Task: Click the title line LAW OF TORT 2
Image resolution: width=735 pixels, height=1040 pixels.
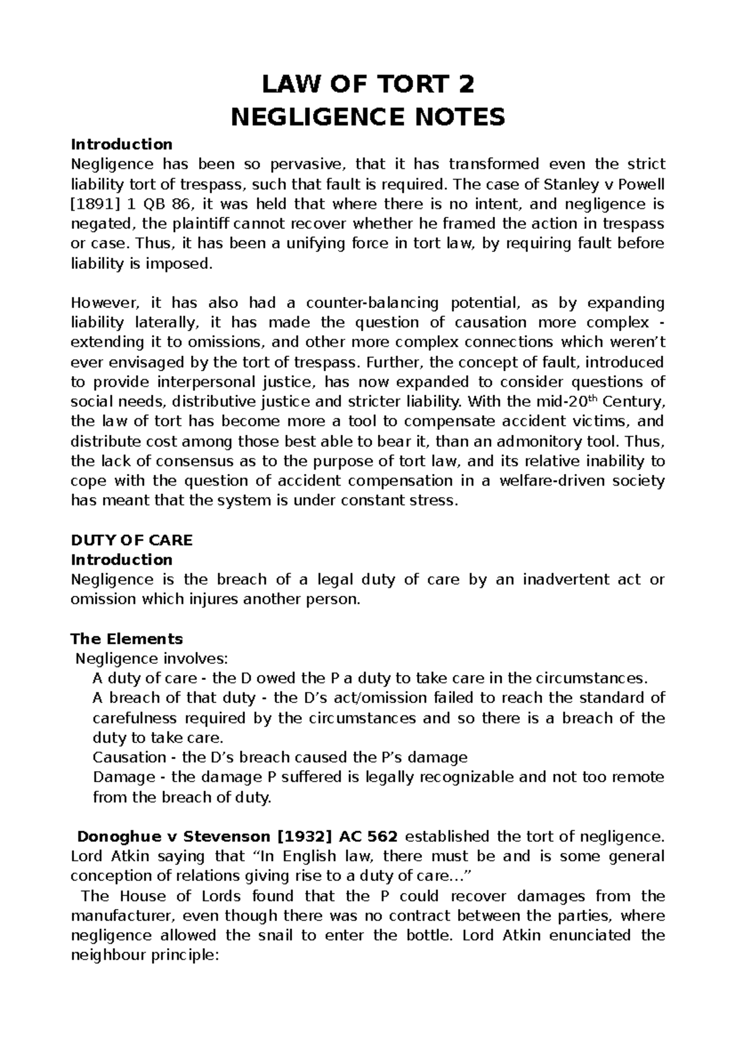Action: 367,85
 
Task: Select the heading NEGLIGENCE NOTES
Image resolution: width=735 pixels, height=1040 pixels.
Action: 367,116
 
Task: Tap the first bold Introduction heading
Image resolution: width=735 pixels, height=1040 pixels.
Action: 122,145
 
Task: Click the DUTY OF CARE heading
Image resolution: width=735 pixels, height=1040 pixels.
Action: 132,540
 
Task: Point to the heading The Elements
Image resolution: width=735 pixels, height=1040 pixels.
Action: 127,639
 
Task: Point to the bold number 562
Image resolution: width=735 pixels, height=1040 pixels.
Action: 383,836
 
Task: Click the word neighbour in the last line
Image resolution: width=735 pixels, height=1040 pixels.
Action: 107,955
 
